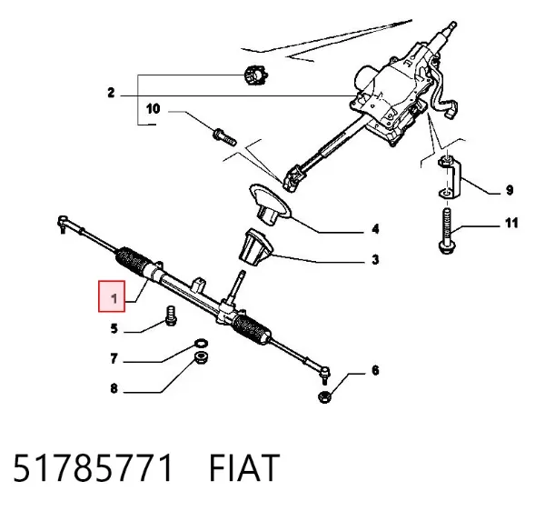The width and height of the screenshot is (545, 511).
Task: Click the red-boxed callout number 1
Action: point(114,298)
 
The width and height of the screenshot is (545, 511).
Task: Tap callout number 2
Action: point(111,93)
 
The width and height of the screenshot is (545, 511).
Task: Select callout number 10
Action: point(153,109)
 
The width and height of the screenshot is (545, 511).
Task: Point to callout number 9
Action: point(510,190)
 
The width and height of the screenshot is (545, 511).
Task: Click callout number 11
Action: point(511,223)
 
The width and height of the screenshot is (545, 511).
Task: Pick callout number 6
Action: point(375,370)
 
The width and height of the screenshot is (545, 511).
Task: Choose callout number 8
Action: point(114,388)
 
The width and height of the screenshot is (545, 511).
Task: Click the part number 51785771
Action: point(93,467)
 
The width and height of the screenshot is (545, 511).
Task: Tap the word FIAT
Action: point(244,467)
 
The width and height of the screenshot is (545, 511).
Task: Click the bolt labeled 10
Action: point(224,137)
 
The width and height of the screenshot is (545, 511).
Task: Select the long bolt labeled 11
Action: point(447,231)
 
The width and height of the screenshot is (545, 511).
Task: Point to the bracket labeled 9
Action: point(450,177)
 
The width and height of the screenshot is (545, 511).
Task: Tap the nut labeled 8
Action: point(201,357)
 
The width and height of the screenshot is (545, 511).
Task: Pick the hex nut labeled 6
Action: point(324,397)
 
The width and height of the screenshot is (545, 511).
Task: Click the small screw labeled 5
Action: point(171,316)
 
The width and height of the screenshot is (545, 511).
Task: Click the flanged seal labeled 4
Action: point(271,204)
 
